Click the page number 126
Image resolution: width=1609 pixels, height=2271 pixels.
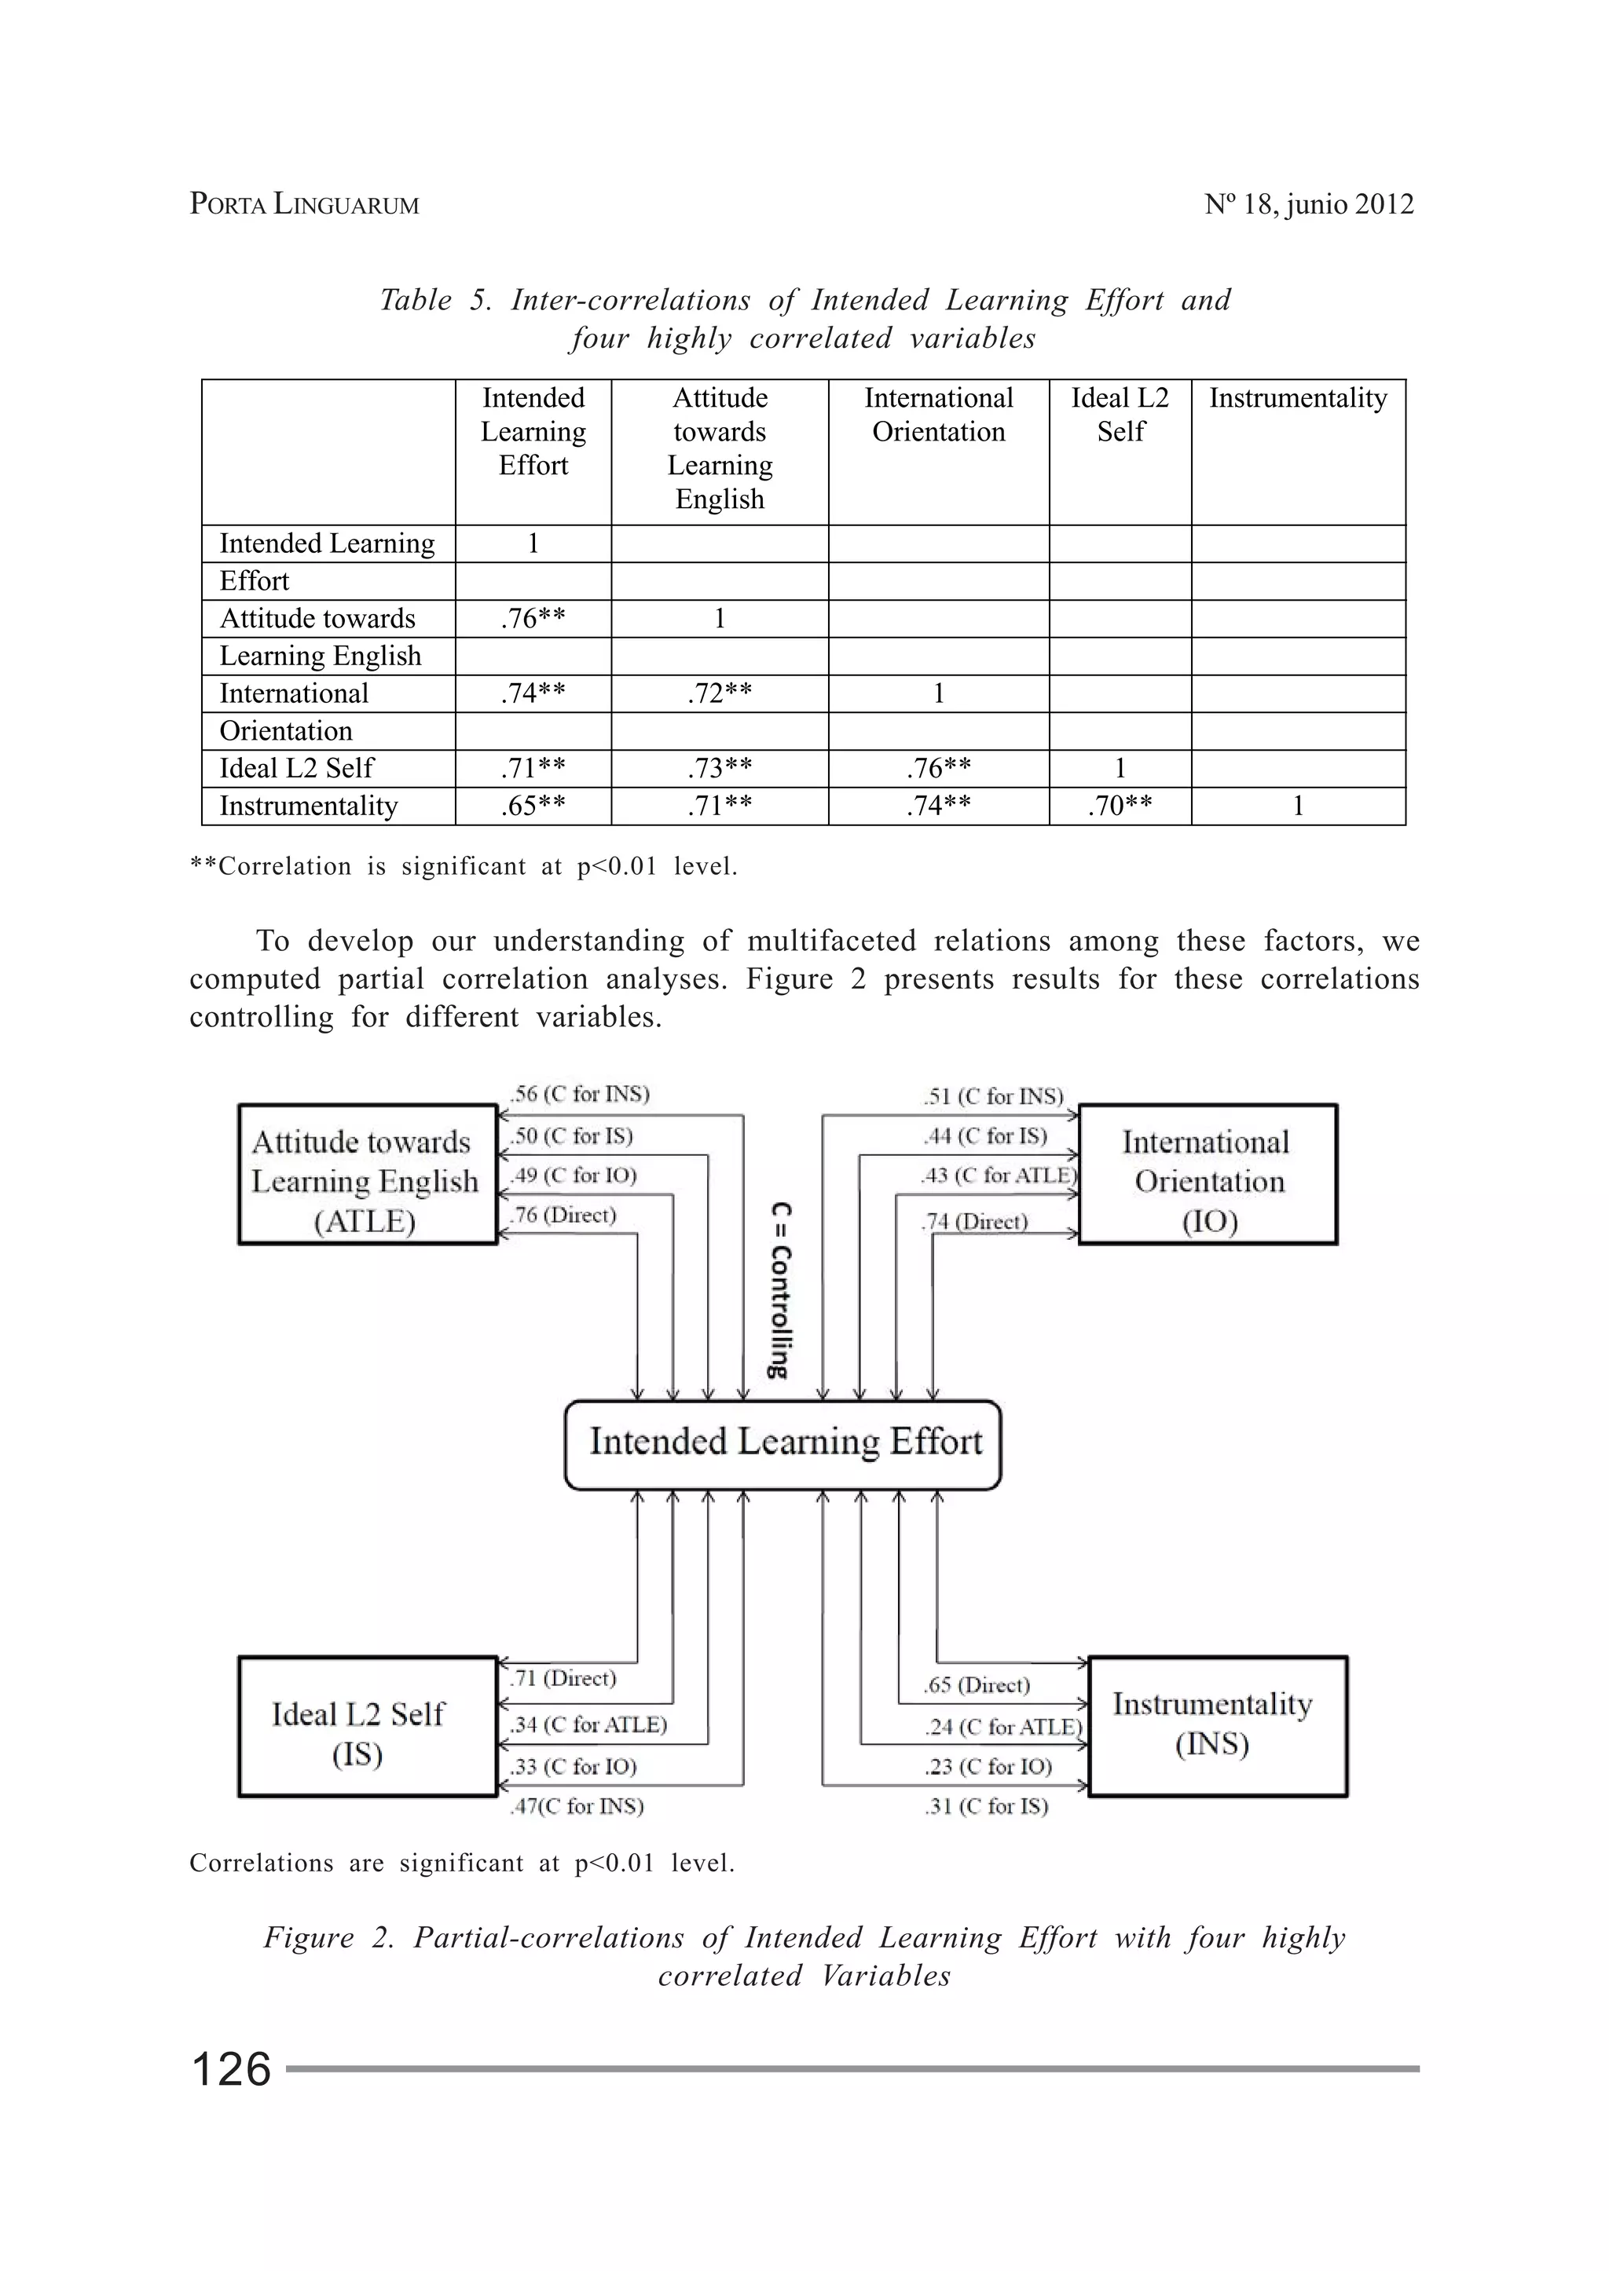click(x=230, y=2069)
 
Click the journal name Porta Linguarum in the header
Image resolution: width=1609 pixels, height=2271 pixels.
click(x=304, y=204)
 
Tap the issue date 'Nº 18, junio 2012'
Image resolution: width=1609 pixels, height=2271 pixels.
click(x=1308, y=204)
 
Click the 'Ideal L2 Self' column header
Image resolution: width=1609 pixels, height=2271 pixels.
click(x=1120, y=414)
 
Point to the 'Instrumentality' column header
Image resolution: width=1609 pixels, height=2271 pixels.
click(x=1298, y=398)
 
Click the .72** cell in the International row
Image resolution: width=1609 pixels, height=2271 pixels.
click(x=720, y=693)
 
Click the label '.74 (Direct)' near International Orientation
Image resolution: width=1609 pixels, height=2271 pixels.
click(x=976, y=1222)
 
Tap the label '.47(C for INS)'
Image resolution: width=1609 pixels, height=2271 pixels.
click(x=577, y=1806)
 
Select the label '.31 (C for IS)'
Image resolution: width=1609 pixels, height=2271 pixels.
click(x=986, y=1806)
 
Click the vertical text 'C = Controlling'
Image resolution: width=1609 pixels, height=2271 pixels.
click(x=781, y=1289)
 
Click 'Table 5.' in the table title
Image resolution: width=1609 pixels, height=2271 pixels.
click(x=436, y=300)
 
